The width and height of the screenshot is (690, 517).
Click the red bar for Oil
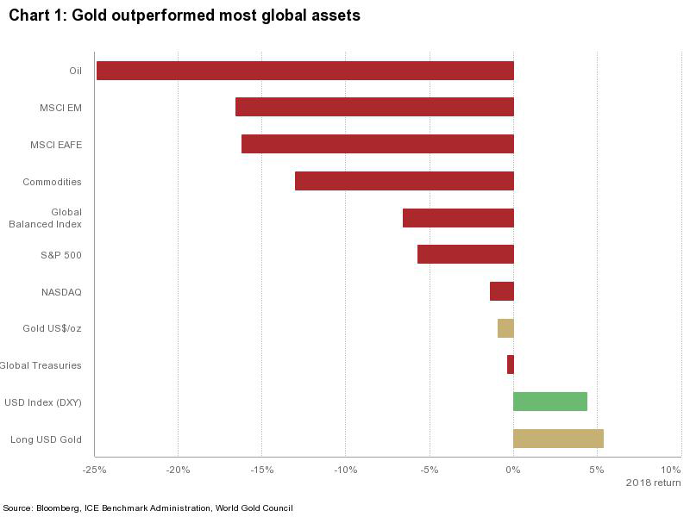[x=305, y=71]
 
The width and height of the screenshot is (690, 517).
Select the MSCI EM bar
[x=374, y=107]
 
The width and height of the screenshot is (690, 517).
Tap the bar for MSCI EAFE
[x=378, y=144]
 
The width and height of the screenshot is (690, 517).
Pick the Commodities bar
[x=405, y=181]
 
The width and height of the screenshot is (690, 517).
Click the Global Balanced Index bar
[x=458, y=218]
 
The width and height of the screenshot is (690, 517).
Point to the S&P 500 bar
[x=466, y=254]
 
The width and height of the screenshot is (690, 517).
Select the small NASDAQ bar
[x=502, y=291]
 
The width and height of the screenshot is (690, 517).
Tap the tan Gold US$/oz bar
[x=505, y=328]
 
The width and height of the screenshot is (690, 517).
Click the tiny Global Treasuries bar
[x=511, y=364]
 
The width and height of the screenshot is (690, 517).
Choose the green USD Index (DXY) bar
[x=550, y=402]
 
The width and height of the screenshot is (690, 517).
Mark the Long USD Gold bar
[x=558, y=439]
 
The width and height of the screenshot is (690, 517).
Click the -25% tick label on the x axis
[x=94, y=470]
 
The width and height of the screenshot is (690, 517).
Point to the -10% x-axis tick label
[x=345, y=470]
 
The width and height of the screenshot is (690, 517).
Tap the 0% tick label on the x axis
[x=513, y=470]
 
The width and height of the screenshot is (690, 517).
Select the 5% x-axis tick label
[x=597, y=470]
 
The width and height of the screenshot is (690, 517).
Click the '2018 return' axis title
[x=653, y=483]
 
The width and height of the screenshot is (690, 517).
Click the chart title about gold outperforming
[x=185, y=16]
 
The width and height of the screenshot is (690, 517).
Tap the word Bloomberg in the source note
[x=57, y=508]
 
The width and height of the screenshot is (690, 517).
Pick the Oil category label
[x=75, y=71]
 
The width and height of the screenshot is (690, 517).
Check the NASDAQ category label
[x=61, y=292]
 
